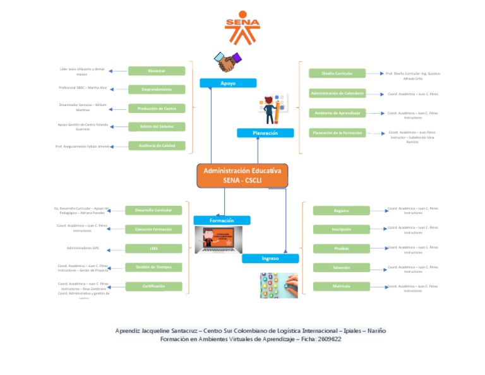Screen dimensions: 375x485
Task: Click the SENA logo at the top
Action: click(x=242, y=28)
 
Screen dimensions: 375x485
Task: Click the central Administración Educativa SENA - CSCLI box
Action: click(x=242, y=175)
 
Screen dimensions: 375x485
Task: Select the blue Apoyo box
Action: click(x=228, y=83)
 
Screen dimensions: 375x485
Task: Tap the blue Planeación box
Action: click(x=265, y=133)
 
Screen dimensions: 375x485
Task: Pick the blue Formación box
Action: click(x=222, y=220)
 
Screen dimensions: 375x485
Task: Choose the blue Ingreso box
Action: click(x=270, y=258)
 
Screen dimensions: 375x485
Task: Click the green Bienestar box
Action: click(x=157, y=71)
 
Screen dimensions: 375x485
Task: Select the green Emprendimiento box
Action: click(x=157, y=90)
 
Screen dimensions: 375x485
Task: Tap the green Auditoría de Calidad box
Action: click(x=157, y=146)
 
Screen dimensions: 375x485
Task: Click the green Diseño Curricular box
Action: click(x=337, y=73)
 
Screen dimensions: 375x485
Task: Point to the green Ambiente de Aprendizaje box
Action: click(x=337, y=113)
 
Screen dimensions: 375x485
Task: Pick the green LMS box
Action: click(x=153, y=248)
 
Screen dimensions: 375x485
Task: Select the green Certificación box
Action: click(x=153, y=286)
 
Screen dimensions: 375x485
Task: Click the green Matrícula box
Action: click(x=342, y=286)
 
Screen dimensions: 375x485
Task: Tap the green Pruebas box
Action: click(x=342, y=248)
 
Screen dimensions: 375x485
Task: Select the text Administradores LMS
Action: click(x=83, y=248)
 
